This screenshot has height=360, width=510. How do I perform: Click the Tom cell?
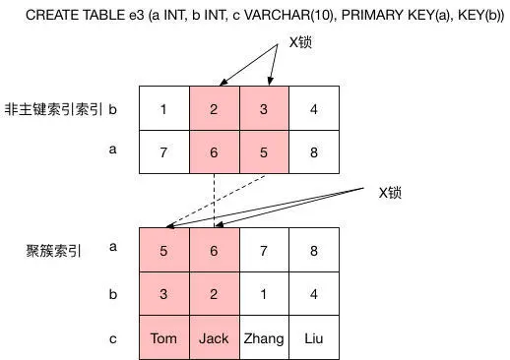[163, 338]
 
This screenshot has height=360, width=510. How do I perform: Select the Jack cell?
[214, 338]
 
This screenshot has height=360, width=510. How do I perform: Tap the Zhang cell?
[264, 338]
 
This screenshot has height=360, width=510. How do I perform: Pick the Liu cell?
[314, 338]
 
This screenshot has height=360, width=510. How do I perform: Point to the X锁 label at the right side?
[390, 193]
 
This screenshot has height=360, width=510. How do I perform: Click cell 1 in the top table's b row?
[163, 108]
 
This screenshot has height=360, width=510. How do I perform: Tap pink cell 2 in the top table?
[214, 108]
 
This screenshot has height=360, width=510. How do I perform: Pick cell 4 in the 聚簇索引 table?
[314, 293]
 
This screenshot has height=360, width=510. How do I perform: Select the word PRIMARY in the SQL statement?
[371, 16]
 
